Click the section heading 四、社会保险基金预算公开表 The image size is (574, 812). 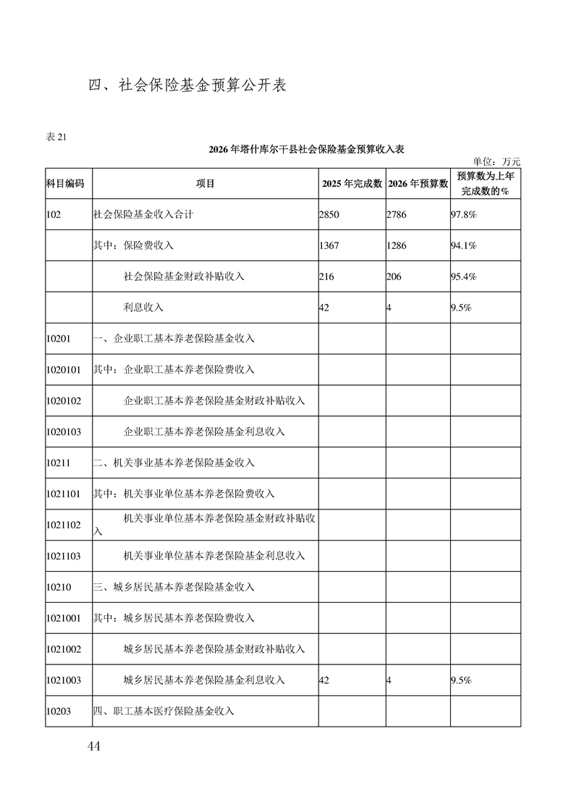click(187, 85)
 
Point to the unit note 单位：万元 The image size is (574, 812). click(497, 161)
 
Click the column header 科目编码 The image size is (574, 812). click(65, 184)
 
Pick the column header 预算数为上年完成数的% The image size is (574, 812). click(486, 184)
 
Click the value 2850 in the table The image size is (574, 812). click(329, 215)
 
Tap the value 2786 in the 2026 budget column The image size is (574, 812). click(397, 215)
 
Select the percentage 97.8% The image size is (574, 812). click(463, 215)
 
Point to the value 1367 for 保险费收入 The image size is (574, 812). click(329, 246)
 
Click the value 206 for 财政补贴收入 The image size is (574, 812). click(394, 277)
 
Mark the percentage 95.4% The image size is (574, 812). click(463, 277)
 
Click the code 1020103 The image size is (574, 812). click(63, 432)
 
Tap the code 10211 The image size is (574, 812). click(58, 463)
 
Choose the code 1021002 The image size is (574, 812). click(63, 649)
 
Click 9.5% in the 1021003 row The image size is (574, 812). click(461, 680)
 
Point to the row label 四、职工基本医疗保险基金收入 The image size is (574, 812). click(164, 711)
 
